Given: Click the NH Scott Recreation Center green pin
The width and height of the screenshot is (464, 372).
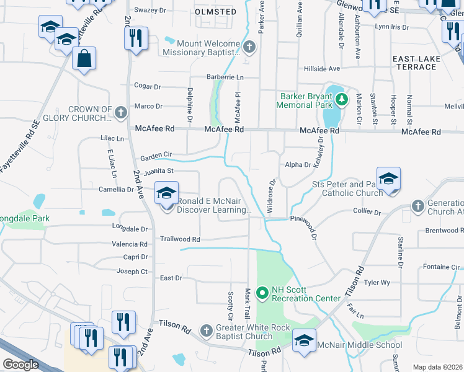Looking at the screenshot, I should tap(262, 291).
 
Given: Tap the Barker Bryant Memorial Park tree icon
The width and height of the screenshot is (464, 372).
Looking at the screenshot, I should tap(340, 99).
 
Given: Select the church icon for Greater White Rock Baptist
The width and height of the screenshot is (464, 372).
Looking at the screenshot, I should tap(207, 329).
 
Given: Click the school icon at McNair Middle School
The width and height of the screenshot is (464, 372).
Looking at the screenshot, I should tap(304, 341).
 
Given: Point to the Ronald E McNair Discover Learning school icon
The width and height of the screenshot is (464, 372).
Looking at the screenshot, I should tap(167, 193).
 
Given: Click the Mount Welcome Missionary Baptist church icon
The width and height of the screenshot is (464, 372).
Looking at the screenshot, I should tap(249, 46).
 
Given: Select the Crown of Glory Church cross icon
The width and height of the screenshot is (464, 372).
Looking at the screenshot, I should tap(120, 112).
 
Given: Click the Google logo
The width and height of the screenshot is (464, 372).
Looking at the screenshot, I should tap(20, 365).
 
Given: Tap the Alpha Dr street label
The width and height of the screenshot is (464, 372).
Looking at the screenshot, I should tap(298, 164).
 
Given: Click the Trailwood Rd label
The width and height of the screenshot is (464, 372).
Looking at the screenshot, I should tap(180, 239).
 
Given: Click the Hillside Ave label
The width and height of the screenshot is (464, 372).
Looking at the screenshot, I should tap(322, 68).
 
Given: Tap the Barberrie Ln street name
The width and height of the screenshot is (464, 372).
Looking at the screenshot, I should tap(225, 77).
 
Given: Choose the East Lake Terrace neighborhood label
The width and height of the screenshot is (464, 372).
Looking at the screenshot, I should tap(416, 62).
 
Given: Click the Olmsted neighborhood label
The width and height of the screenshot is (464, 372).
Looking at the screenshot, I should tap(215, 12).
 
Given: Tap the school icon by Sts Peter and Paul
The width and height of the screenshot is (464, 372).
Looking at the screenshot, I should tap(388, 179).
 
